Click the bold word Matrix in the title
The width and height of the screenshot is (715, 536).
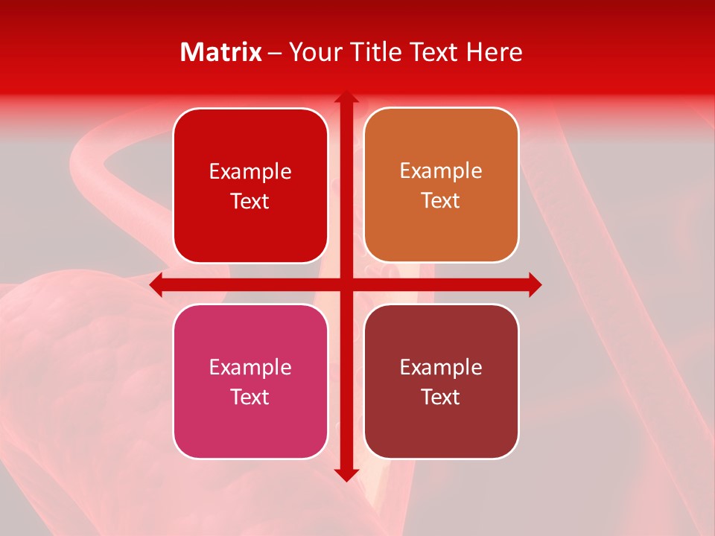221,52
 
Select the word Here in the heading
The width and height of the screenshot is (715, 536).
494,52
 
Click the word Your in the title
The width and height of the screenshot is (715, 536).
314,52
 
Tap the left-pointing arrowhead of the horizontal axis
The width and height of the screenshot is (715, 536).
156,284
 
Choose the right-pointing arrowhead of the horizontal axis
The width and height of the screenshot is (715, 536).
534,284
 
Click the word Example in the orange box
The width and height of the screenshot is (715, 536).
441,170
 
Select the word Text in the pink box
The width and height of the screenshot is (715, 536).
250,397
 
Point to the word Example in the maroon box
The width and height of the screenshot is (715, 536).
441,367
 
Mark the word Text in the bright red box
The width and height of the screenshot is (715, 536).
250,201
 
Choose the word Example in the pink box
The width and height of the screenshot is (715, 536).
250,367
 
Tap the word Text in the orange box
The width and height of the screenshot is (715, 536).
441,200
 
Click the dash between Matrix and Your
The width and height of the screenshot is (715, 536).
275,53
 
